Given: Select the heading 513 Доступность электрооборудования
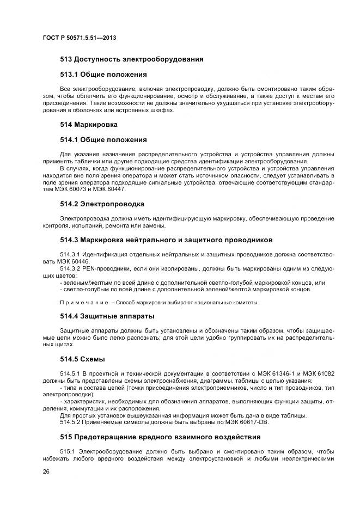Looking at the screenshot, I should click(x=131, y=59).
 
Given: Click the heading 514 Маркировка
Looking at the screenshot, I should click(x=88, y=125).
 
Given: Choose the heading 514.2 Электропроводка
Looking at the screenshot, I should click(x=102, y=204).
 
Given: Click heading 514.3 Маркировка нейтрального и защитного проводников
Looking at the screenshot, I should click(x=166, y=240).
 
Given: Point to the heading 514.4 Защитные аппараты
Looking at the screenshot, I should click(x=107, y=316).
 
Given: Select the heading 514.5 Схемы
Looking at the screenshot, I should click(x=82, y=359).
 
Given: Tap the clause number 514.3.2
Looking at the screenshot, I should click(x=69, y=268).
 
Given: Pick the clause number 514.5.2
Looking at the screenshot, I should click(x=69, y=423).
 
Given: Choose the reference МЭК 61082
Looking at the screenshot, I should click(x=318, y=373).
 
